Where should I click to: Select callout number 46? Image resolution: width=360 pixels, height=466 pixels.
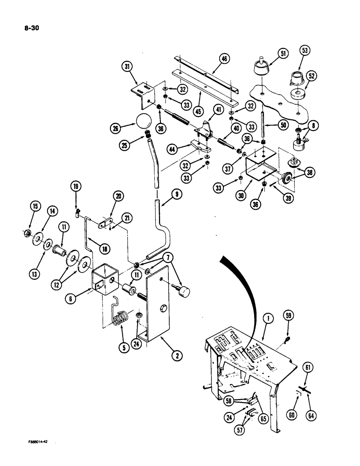pos(225,59)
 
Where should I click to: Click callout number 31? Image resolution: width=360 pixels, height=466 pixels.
pos(126,67)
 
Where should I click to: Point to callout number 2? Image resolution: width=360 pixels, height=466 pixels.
pos(175,356)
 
